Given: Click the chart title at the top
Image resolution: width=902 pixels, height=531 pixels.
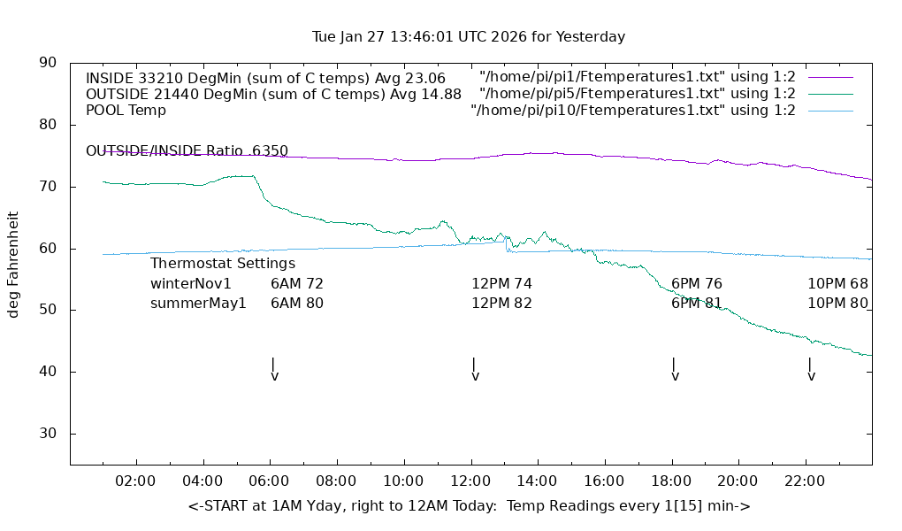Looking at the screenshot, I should point(469,37).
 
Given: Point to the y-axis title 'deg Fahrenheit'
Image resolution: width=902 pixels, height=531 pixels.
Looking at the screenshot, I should point(14,264).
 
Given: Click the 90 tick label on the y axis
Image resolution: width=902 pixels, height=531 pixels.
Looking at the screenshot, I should point(48,63).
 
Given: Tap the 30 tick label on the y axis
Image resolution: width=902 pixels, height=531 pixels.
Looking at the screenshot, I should point(48,434).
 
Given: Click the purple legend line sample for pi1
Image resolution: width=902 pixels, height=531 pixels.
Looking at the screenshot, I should point(829,78).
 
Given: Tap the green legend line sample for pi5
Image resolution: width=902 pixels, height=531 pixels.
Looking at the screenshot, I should point(829,94).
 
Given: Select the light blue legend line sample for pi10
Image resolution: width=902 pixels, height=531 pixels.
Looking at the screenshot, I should point(829,111).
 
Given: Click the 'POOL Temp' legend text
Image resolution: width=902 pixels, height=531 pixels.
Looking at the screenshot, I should point(126,111).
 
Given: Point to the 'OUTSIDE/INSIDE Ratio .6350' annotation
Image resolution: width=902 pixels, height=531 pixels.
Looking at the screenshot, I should point(187,151).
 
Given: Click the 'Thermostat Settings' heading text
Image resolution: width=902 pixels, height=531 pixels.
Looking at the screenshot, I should point(223,263).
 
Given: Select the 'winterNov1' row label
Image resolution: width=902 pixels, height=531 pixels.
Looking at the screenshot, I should point(191,284).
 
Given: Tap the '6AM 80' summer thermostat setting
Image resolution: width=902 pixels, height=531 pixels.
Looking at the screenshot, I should point(297,304).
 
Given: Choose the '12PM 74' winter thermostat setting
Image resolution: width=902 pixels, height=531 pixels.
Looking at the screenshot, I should point(501,284).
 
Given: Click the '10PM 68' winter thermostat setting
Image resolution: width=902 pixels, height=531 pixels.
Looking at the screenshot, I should point(837,284).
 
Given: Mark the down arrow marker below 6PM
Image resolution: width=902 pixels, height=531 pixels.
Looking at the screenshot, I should point(675,370).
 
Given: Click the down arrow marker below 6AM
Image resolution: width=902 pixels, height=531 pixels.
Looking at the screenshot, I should point(274,370).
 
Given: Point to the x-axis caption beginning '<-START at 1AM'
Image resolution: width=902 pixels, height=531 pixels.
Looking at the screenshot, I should point(469,506).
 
